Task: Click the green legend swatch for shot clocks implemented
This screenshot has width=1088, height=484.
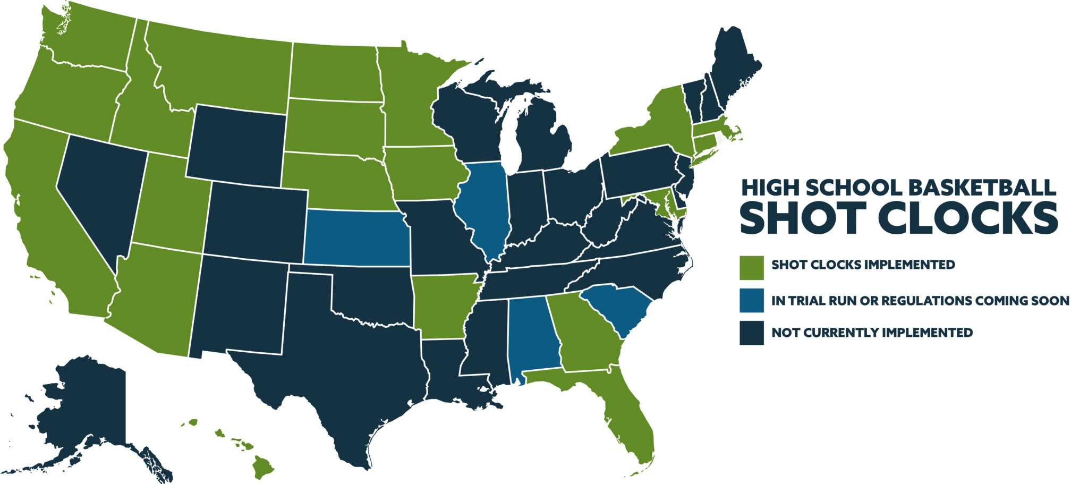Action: pos(751,267)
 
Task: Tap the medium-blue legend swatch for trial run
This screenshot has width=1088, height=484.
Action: pos(751,300)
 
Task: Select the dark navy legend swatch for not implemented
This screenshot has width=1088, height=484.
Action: pos(751,333)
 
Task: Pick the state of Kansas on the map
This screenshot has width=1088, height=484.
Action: pos(356,237)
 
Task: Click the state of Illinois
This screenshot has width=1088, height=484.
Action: pos(483,207)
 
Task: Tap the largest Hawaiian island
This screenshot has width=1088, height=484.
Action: pos(262,468)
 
